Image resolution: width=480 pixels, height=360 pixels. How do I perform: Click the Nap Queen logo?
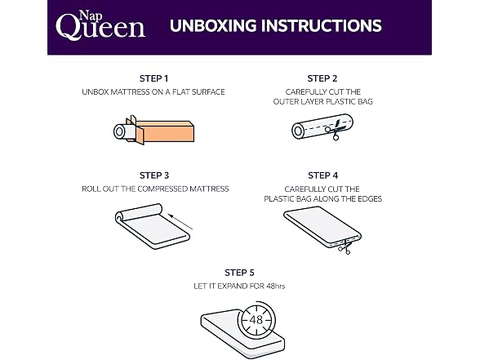pos(100,24)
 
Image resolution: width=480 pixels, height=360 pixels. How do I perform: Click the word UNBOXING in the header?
pos(213,26)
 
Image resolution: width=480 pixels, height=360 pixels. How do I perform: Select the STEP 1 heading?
pos(153,78)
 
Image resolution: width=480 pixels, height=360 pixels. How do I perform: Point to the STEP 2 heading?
pos(322,78)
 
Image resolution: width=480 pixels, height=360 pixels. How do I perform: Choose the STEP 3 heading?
pos(154,176)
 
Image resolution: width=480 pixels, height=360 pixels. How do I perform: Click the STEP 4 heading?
pos(323,176)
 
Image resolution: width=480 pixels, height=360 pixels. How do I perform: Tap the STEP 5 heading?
pos(239,273)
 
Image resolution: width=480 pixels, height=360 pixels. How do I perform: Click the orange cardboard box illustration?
pos(164,131)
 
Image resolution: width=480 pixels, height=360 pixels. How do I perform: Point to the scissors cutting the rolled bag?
pos(335,130)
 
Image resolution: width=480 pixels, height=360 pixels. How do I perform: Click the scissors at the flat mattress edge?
pos(344,247)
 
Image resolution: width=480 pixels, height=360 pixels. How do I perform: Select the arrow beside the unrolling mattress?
pos(180,222)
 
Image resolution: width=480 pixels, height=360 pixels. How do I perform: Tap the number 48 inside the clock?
pos(256,320)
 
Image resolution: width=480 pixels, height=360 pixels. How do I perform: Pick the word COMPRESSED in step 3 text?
pos(162,189)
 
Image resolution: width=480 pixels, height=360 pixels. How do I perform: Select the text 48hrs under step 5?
pos(276,287)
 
